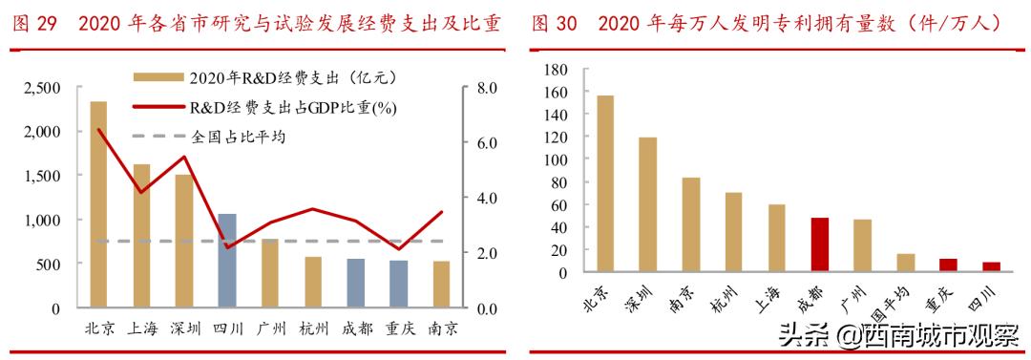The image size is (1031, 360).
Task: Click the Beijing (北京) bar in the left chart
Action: tap(98, 204)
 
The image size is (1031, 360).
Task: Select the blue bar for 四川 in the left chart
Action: tap(227, 261)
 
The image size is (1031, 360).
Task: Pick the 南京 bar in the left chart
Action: tap(441, 285)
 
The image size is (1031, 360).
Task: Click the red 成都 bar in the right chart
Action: tap(819, 245)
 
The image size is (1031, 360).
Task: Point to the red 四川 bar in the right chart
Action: tap(990, 267)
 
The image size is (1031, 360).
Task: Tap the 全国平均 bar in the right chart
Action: tap(905, 264)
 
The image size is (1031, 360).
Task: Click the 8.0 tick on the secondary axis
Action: tap(488, 88)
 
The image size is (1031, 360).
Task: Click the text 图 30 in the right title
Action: tap(554, 23)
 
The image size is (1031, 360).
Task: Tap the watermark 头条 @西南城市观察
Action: tap(898, 336)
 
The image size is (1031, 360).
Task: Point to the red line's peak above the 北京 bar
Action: tap(98, 130)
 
